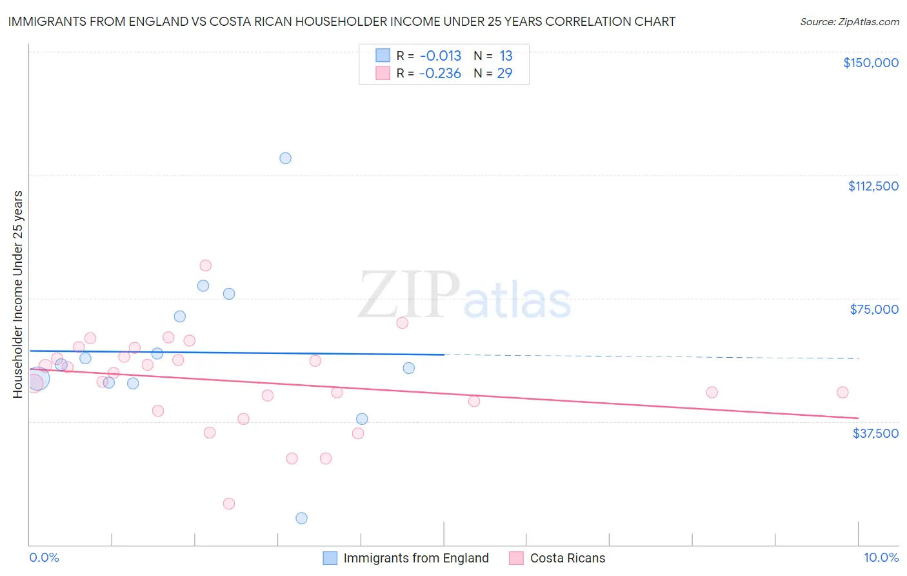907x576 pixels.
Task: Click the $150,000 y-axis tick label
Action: (870, 63)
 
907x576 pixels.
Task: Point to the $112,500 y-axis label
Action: (873, 186)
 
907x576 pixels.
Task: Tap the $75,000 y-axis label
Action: (874, 309)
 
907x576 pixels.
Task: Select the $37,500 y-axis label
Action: (875, 433)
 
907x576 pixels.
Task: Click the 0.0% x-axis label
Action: (44, 557)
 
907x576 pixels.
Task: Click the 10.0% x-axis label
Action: (881, 557)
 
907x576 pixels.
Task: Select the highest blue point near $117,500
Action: (285, 158)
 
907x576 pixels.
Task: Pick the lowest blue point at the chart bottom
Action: (301, 518)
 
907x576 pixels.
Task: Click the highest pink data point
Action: (206, 265)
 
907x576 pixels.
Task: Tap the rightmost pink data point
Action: (842, 392)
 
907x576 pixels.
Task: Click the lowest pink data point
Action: (229, 504)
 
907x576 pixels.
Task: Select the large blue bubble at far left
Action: (37, 379)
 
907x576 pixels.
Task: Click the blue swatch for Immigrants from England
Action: (330, 558)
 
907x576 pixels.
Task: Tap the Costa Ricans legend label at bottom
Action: (568, 558)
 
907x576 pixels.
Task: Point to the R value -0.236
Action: (440, 74)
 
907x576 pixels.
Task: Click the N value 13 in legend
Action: (506, 56)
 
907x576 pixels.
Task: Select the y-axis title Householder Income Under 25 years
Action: (17, 294)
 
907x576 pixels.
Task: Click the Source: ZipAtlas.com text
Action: (849, 22)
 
